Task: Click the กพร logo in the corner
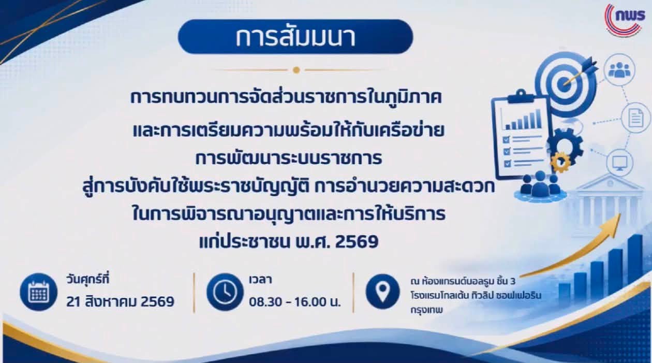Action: click(x=625, y=20)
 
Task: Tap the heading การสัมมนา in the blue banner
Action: click(x=295, y=37)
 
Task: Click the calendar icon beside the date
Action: click(x=38, y=292)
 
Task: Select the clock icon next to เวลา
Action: click(x=225, y=292)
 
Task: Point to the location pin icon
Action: click(x=382, y=292)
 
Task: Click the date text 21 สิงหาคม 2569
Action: click(x=120, y=302)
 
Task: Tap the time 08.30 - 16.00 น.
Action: click(x=294, y=302)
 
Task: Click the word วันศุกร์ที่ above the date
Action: click(x=87, y=280)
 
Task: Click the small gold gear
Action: click(x=561, y=162)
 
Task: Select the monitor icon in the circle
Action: click(x=620, y=163)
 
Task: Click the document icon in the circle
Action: click(x=635, y=118)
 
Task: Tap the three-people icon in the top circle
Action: click(x=620, y=69)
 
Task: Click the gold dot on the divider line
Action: click(x=297, y=70)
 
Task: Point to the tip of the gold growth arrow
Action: click(x=620, y=214)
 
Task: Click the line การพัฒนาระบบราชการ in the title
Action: click(x=288, y=158)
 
